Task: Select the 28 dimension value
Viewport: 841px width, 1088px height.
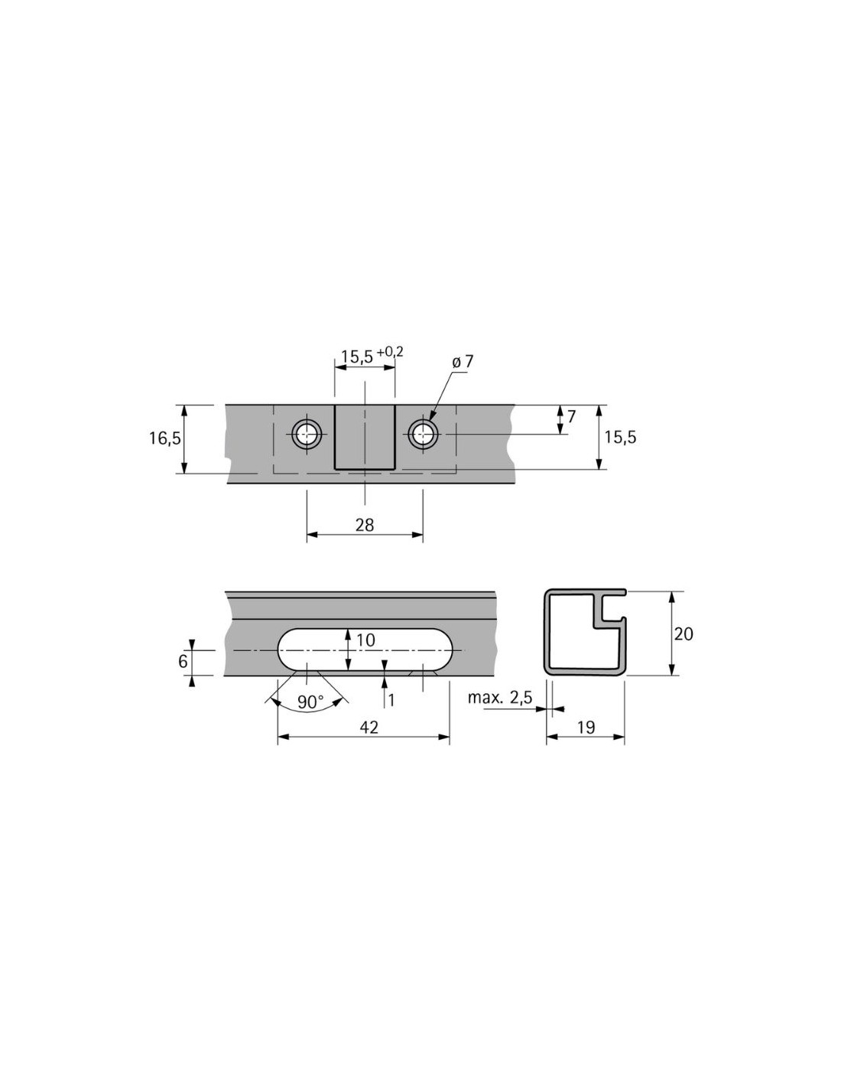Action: [364, 525]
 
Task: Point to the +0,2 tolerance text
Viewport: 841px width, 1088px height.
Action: [390, 352]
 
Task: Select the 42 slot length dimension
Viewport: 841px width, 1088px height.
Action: [369, 728]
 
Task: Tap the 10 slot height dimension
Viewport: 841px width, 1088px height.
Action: [365, 640]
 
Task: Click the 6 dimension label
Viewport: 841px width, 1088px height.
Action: [183, 661]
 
